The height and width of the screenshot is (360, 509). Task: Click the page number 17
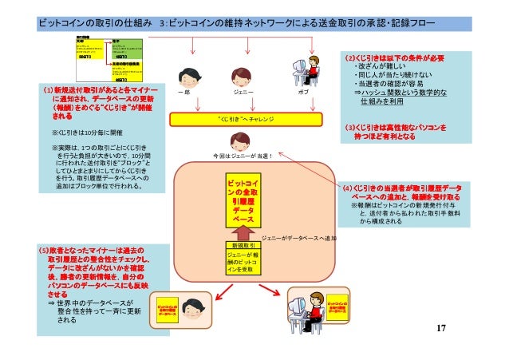pos(442,329)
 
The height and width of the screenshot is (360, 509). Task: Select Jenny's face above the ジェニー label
pos(243,77)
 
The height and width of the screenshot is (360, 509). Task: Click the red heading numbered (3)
pos(394,132)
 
